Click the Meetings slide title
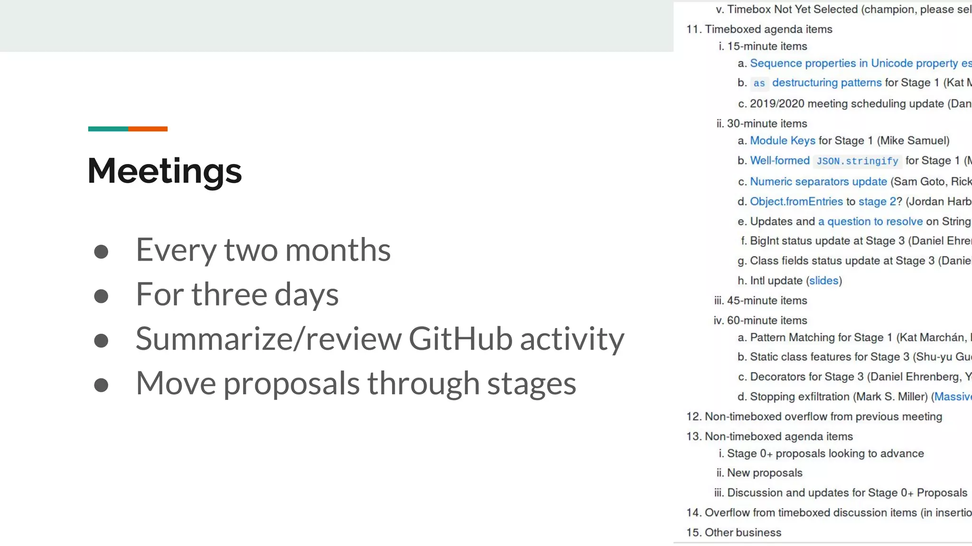(x=165, y=171)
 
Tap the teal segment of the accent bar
(x=108, y=129)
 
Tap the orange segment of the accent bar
(x=148, y=129)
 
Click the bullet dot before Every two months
(x=101, y=252)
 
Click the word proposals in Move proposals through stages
(x=291, y=383)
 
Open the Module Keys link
(x=783, y=141)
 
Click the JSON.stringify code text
(x=857, y=161)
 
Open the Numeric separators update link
(x=818, y=182)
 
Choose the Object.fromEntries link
(x=796, y=201)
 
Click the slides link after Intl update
(x=823, y=281)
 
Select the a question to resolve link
(x=870, y=221)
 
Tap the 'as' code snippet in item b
(x=759, y=83)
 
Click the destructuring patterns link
(x=827, y=83)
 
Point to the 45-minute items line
(x=766, y=300)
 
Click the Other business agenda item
(x=743, y=532)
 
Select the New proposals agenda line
(x=765, y=473)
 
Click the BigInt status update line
(x=827, y=241)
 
